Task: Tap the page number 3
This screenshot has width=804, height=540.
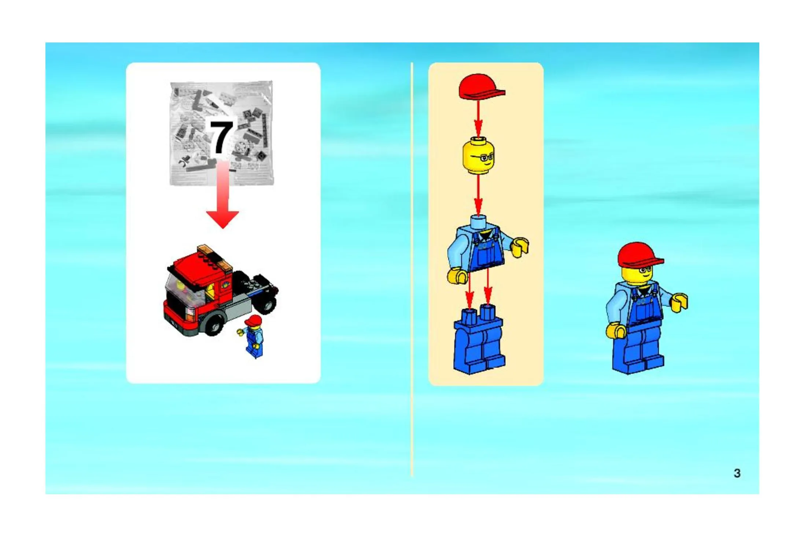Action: click(737, 473)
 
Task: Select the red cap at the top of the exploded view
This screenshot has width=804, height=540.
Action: click(481, 87)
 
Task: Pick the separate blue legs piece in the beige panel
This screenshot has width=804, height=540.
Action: click(479, 340)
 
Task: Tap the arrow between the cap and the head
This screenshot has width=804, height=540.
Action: click(478, 119)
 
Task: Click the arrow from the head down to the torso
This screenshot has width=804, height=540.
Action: click(478, 195)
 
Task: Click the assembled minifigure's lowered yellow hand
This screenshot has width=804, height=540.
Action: click(616, 331)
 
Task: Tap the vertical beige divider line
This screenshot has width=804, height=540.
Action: click(412, 269)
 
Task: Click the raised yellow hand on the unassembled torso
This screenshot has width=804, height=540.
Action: click(520, 247)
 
